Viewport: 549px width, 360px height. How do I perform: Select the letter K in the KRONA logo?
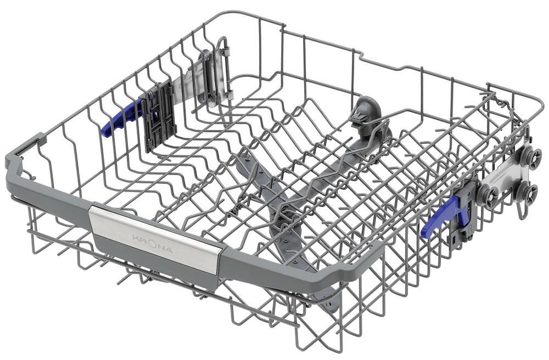coord(135,238)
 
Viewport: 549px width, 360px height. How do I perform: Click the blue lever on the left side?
coord(121,119)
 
